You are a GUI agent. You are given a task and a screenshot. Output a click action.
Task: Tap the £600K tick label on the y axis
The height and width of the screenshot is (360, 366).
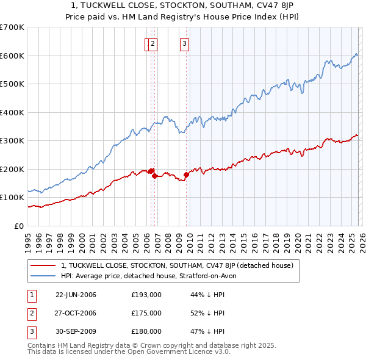coord(12,56)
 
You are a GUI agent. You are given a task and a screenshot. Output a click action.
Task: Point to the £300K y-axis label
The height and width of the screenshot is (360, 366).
coord(12,141)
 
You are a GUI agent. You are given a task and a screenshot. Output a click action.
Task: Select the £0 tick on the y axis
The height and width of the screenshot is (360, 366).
coord(18,226)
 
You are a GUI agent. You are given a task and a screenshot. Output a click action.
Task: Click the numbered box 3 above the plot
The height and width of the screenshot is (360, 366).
coord(184,43)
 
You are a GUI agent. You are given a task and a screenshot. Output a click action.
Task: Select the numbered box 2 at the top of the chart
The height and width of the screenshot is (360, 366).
coord(152,43)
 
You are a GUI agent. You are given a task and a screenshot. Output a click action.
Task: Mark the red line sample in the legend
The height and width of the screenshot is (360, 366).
coord(43,266)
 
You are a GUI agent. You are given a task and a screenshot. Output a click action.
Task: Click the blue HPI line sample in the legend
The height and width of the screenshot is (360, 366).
coord(43,276)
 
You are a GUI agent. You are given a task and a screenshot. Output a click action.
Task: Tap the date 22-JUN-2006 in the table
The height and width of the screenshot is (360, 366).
coord(76,295)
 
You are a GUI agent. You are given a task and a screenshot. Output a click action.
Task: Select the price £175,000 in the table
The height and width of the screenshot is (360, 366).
coord(146,313)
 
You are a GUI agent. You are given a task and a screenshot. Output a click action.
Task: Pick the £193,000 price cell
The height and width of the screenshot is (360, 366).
coord(146,295)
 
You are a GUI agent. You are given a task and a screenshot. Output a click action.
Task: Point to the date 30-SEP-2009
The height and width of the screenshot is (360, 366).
coord(76,331)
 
